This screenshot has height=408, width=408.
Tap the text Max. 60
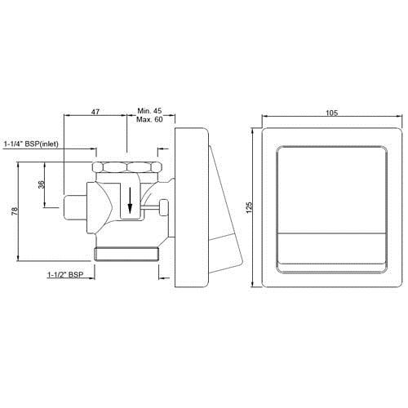149,118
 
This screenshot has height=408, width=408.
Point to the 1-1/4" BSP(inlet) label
37,144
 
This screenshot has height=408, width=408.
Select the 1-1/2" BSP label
65,276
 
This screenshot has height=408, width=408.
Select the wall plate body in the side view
188,208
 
